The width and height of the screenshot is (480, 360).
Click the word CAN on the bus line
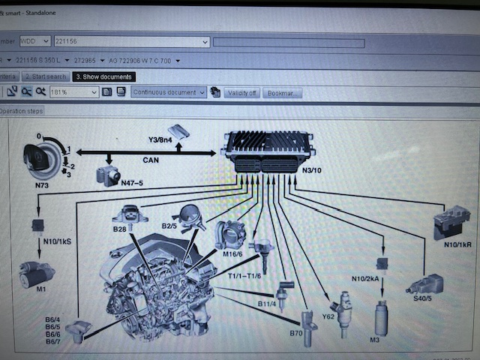150,160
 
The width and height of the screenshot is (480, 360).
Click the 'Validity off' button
241,93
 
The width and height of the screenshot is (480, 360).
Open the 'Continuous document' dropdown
169,92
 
